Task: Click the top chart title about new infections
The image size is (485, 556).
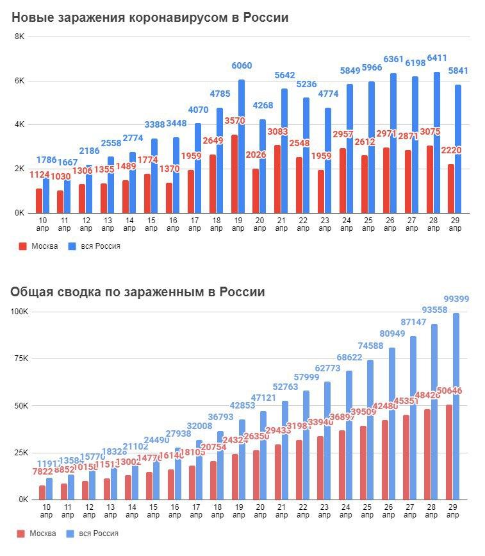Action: point(150,17)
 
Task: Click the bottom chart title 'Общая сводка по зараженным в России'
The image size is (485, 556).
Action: point(138,292)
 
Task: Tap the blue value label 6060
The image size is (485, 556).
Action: point(242,65)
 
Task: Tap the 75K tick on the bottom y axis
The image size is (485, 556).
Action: point(19,358)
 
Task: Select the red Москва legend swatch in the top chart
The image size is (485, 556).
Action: point(23,246)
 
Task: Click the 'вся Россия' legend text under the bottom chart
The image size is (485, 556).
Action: point(100,533)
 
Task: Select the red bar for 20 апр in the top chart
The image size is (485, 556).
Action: point(256,190)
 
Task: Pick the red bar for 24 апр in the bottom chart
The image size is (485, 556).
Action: point(342,464)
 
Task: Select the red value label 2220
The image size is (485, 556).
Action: point(451,150)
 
